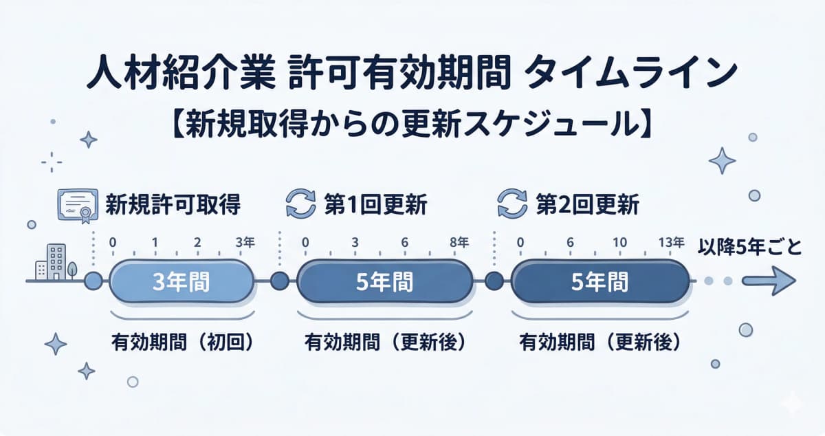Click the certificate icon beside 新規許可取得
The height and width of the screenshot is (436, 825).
(x=76, y=204)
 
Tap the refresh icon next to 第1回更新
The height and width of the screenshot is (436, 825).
(x=300, y=205)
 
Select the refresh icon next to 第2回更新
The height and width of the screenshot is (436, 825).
(x=511, y=205)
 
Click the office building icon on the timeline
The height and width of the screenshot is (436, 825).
(x=52, y=262)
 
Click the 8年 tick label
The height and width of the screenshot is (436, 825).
(x=459, y=242)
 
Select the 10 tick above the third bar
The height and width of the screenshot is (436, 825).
(x=619, y=242)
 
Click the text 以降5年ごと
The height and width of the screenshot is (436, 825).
(x=749, y=246)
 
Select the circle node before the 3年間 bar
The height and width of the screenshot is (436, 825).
(x=93, y=281)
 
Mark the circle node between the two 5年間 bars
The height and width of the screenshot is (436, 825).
(x=493, y=281)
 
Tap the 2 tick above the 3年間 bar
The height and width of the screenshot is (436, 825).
(x=198, y=242)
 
